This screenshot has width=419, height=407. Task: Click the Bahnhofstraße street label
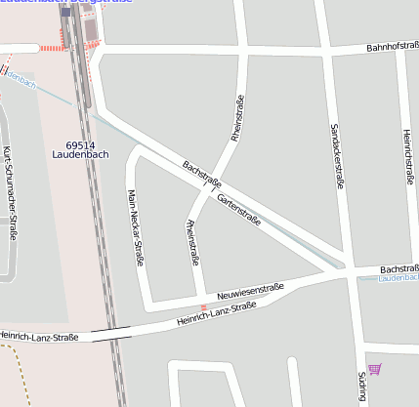point(392,47)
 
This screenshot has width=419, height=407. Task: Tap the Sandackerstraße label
point(337,155)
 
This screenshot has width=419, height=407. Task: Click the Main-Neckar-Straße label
point(137,227)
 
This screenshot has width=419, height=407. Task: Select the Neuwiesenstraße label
point(250,290)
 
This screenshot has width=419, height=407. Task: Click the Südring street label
point(361,387)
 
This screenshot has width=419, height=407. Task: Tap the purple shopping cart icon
point(374,369)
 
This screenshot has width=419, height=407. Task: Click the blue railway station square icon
point(65,13)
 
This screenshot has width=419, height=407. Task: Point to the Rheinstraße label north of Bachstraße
point(236,118)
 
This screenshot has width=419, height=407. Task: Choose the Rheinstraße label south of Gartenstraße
point(191,243)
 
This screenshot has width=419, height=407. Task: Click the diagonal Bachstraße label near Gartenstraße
point(202,175)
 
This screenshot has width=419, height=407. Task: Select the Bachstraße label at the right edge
point(398,268)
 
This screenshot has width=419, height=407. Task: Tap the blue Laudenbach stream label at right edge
point(398,279)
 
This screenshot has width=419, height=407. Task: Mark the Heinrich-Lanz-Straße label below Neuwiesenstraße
point(217,313)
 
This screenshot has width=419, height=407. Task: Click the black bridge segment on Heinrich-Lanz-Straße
point(109,332)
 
